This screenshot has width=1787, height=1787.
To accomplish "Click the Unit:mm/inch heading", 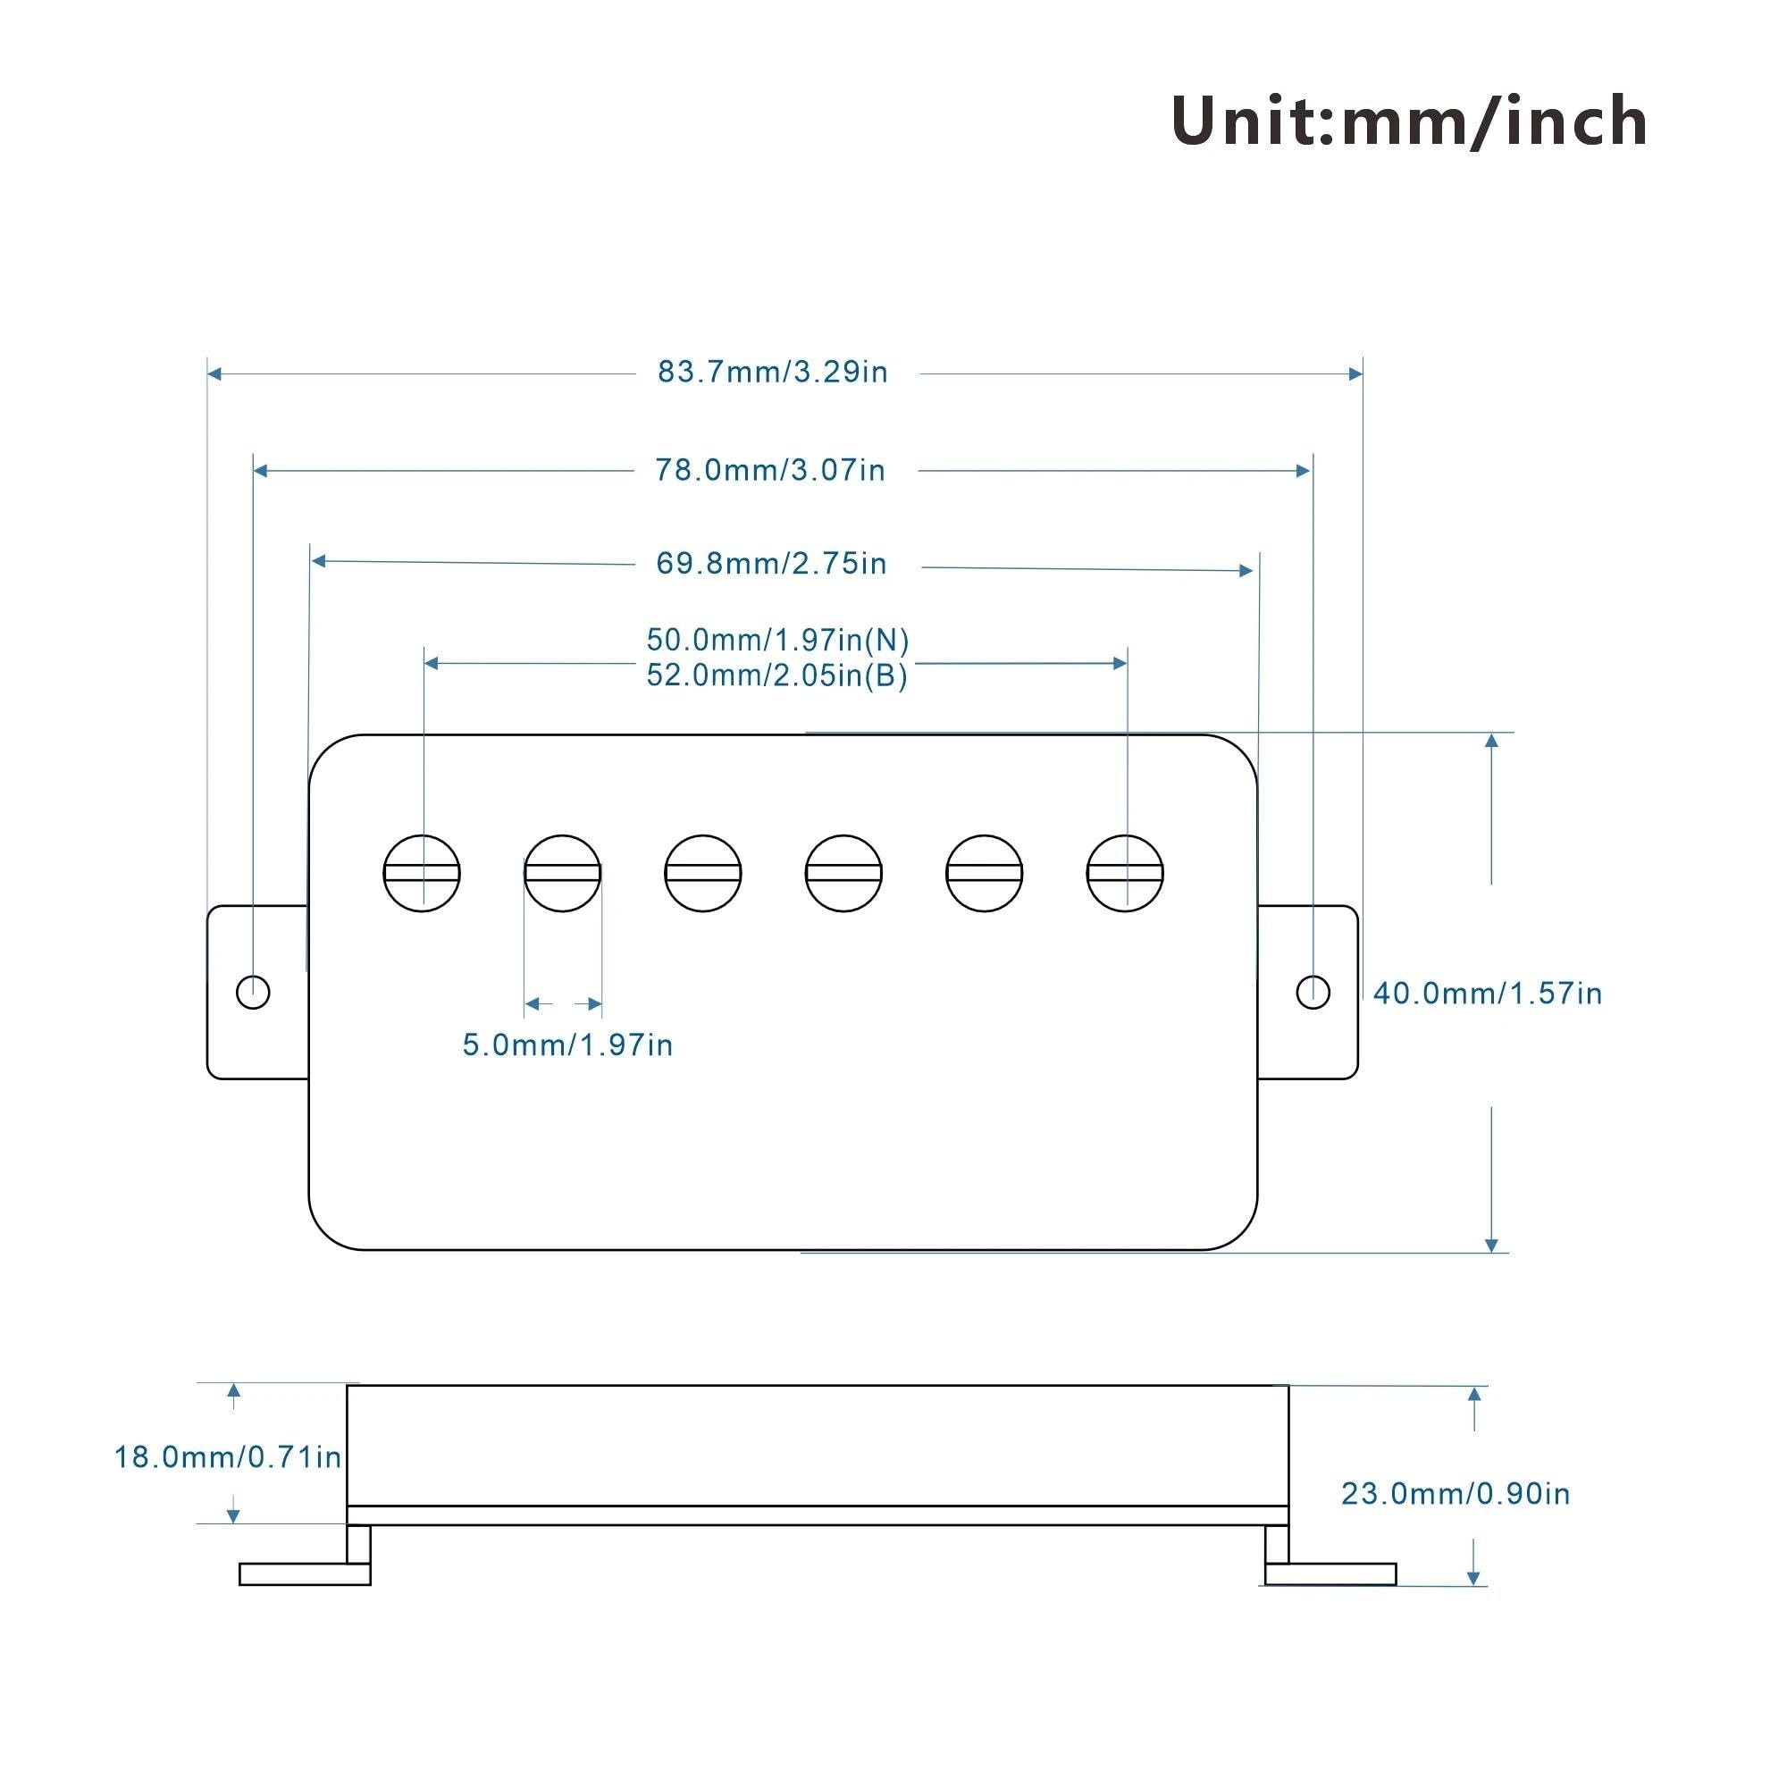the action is coord(1409,122).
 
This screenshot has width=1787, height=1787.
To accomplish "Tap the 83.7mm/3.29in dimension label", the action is coord(773,372).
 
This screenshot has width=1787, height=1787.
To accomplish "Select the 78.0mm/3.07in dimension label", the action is coord(770,470).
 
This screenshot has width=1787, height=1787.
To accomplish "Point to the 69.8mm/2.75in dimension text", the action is coord(771,563).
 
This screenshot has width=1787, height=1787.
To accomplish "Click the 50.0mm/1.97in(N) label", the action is coord(778,640).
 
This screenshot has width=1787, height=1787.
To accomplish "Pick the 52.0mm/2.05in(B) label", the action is coord(777,675).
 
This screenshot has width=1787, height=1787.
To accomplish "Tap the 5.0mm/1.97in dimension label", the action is coord(568,1045).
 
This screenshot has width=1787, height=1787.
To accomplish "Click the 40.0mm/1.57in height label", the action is coord(1488,994).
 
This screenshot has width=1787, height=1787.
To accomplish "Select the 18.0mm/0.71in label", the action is coord(228,1457).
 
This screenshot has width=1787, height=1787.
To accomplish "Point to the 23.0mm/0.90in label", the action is coord(1456,1494).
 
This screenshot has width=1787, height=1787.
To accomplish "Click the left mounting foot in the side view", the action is coord(306,1574).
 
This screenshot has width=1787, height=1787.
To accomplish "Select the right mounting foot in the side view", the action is coord(1330,1574).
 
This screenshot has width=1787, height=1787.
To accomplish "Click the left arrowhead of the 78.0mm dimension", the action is coord(261,471).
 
